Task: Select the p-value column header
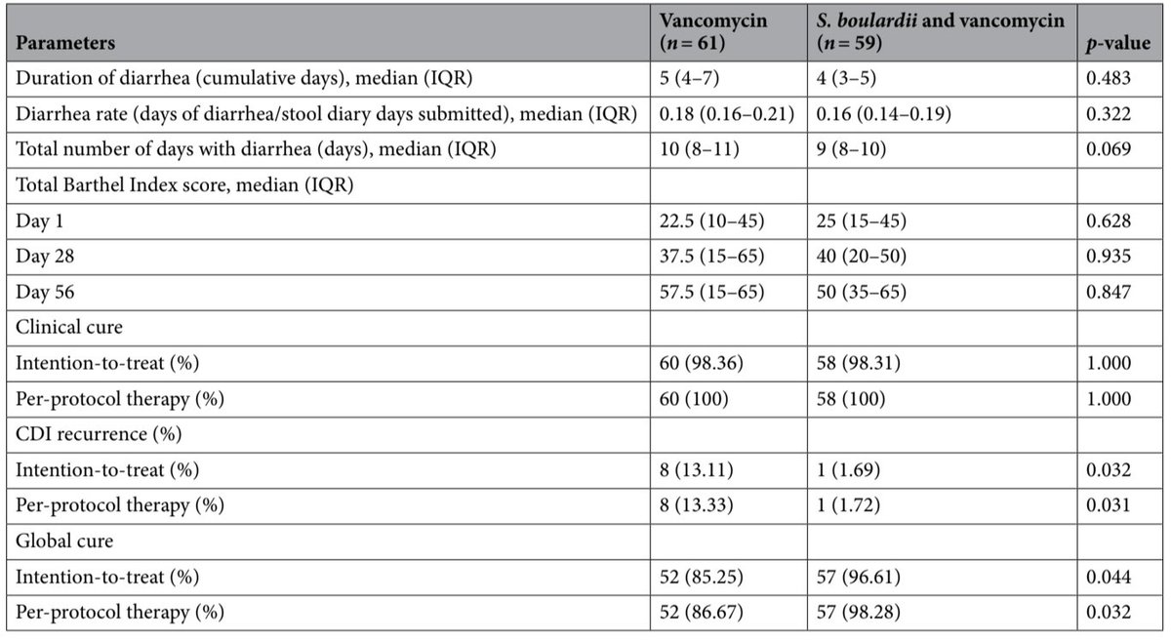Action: pos(1112,44)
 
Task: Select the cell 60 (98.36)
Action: pos(701,363)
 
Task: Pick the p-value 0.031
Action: pos(1109,505)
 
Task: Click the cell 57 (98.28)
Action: pos(859,612)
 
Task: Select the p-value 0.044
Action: pos(1109,577)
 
